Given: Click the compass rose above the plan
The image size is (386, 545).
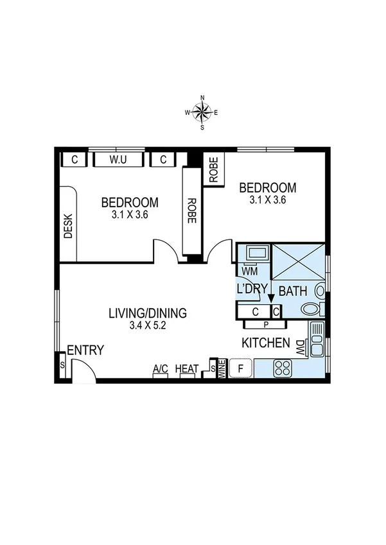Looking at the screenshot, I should coord(202,112).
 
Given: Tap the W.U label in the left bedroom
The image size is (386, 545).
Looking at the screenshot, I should coord(117,159).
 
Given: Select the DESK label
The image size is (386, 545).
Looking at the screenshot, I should coord(69,227).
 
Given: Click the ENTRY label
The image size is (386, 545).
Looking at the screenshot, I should coord(85,350).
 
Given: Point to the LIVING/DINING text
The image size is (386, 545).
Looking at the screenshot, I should coord(147,313).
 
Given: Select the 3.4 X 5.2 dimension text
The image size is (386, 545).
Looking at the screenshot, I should coord(147,326).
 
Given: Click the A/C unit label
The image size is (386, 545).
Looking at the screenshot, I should coord(160,368).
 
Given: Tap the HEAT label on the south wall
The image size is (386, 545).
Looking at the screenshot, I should coord(187,368).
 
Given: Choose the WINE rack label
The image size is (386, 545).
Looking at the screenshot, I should coord(222,368).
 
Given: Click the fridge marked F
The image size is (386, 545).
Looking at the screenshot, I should coord(241,368).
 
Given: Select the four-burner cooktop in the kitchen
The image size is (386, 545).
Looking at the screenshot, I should coord(283,368).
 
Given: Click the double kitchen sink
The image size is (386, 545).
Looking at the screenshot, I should coord(317,340).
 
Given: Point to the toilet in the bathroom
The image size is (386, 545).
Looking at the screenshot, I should coord(313,308).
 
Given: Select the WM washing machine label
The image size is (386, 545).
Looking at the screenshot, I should coord(249,271).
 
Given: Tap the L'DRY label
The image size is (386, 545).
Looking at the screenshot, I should coord(252,289).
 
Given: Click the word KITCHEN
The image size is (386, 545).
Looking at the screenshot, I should coord(265,343).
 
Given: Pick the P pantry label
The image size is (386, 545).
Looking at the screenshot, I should coord(265,325).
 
